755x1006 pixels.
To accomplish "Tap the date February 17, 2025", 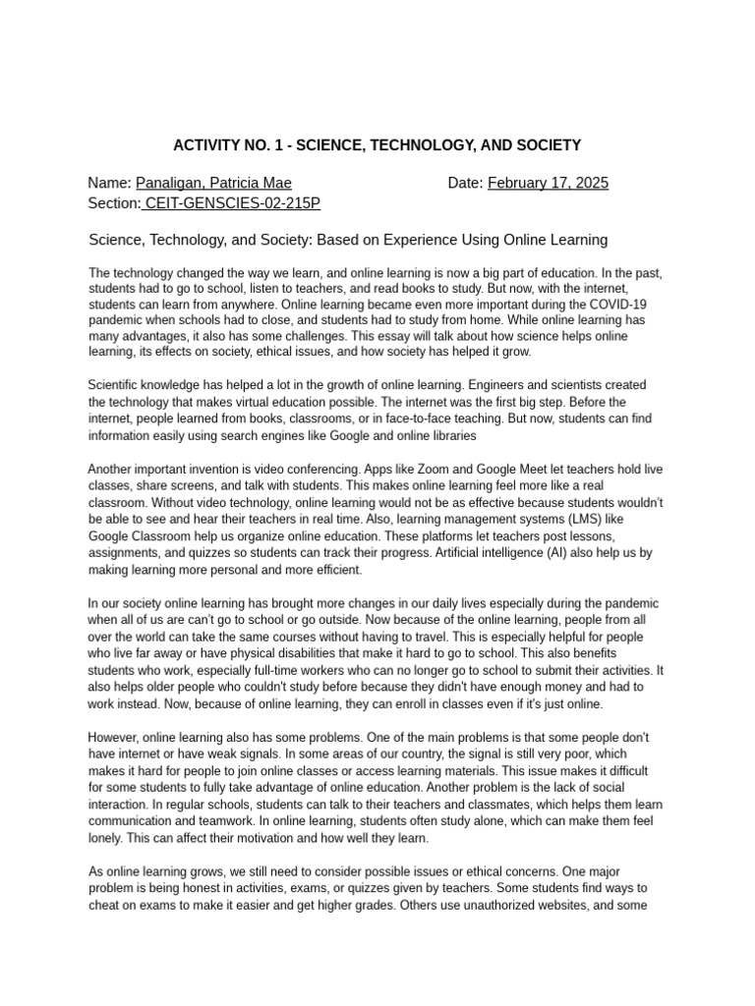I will tap(548, 183).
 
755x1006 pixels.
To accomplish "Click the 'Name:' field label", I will tap(109, 183).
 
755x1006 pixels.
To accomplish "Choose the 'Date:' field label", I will tap(465, 183).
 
